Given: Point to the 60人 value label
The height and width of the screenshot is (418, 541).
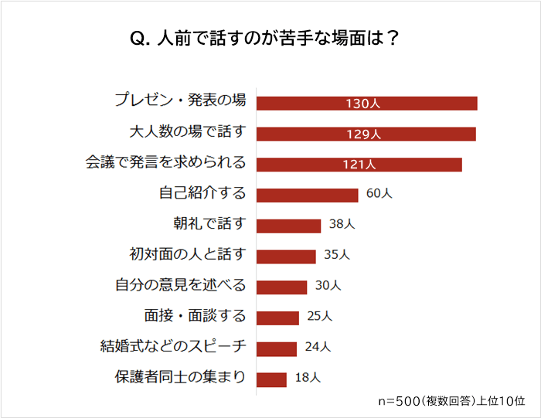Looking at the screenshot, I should click(379, 194).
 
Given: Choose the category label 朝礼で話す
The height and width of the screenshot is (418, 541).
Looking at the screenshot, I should click(209, 224).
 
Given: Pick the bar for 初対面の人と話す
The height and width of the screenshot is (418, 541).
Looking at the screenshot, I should click(286, 256).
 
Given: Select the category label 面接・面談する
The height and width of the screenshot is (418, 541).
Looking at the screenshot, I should click(195, 316).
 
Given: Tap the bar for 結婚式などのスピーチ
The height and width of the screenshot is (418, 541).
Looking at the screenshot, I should click(277, 348).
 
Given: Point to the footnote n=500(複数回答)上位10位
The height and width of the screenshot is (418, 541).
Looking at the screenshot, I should click(451, 402).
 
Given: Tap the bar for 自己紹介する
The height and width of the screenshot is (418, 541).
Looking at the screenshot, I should click(307, 195).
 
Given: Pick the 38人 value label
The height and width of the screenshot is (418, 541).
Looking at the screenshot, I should click(342, 225).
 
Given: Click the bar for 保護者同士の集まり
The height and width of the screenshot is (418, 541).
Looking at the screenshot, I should click(271, 379).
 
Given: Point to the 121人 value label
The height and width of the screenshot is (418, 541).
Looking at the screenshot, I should click(359, 165).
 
